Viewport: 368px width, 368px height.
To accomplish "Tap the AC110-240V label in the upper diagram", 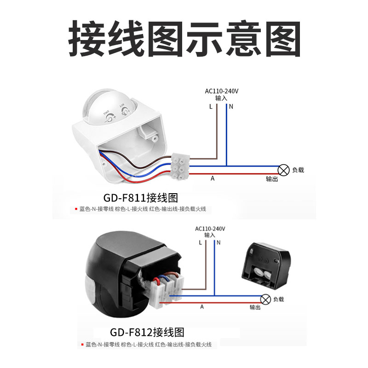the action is click(x=222, y=91).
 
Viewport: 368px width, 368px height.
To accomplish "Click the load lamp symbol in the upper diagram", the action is click(x=284, y=170).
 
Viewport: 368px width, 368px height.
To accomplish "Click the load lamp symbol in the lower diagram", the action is click(x=265, y=299).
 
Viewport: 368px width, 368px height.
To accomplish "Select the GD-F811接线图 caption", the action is click(x=140, y=198).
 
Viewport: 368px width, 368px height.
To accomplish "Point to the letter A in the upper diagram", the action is click(x=213, y=178).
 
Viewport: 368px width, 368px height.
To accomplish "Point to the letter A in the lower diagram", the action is click(x=201, y=306).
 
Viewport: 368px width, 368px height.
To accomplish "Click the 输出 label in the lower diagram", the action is click(x=255, y=307).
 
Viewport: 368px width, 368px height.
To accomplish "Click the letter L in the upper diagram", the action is click(x=210, y=107).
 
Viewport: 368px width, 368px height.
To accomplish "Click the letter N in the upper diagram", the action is click(x=231, y=107).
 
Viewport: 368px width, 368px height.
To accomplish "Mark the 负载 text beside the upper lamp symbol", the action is click(x=298, y=170).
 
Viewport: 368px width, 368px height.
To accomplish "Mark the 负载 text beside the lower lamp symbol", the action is click(x=278, y=299).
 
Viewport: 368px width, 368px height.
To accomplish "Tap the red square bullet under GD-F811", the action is click(x=76, y=209).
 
